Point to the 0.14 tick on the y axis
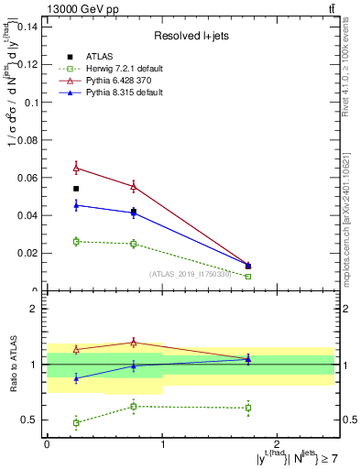tap(27, 27)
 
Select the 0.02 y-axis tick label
tap(27, 253)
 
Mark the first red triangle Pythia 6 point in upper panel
tap(76, 168)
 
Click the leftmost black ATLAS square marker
tap(76, 189)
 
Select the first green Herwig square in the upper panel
tap(76, 241)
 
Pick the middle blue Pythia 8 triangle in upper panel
tap(134, 213)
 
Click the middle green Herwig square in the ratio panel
tap(134, 406)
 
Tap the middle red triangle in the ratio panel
tap(134, 343)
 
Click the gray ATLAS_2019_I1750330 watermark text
tap(191, 273)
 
